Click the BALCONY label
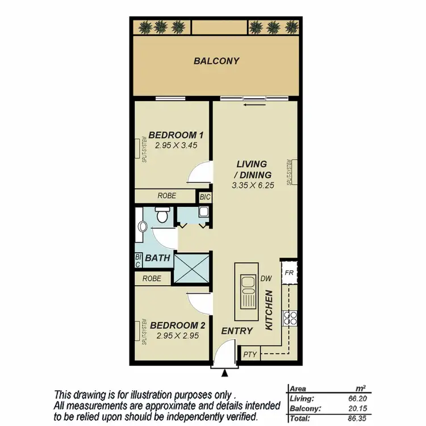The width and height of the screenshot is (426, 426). (216, 61)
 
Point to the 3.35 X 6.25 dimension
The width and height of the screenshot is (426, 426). (253, 185)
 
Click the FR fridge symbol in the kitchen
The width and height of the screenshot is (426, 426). (289, 272)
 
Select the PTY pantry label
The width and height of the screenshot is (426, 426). (250, 354)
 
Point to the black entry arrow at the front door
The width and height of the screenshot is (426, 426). (225, 373)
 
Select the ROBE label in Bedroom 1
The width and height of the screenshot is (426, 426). (167, 195)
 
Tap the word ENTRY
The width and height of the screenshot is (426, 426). (233, 331)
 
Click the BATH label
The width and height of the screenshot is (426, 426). (158, 258)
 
